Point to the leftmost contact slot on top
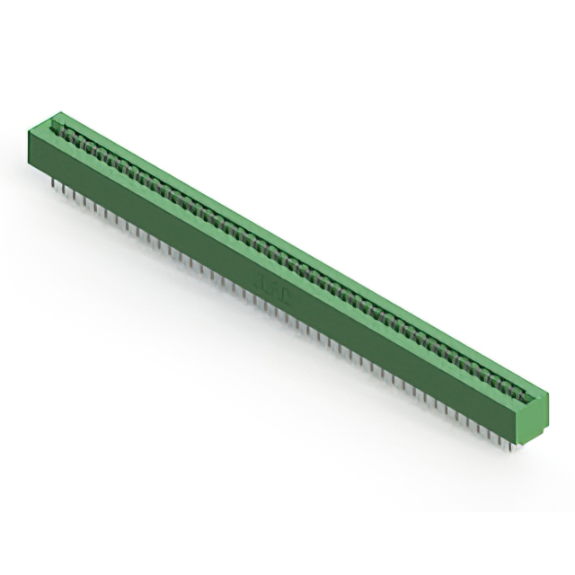coord(65,130)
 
